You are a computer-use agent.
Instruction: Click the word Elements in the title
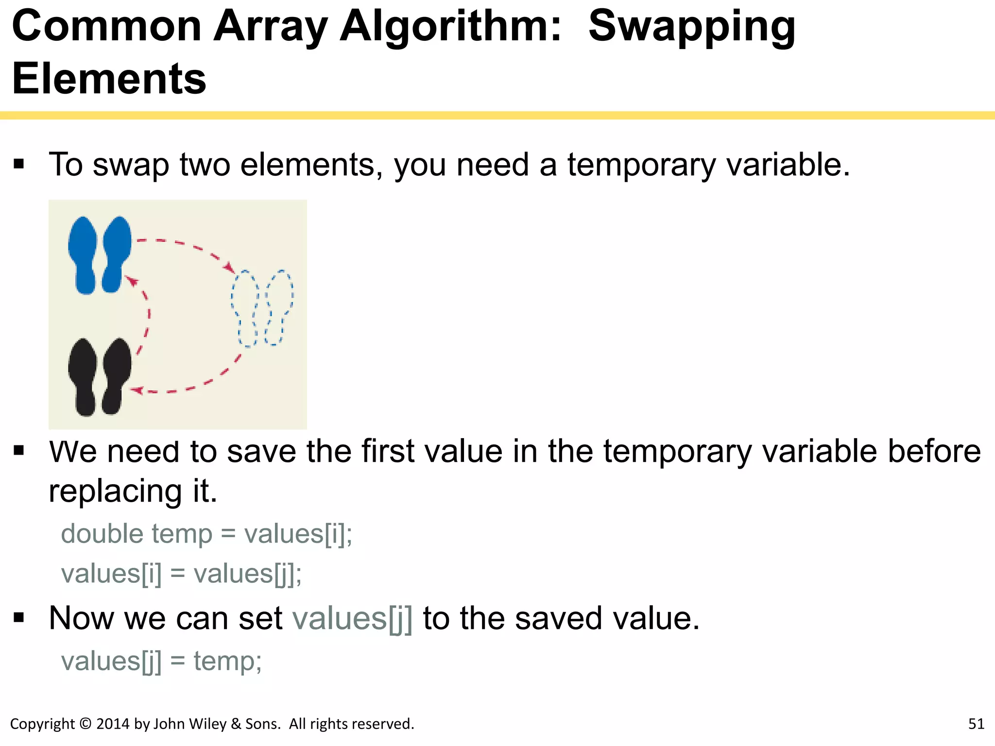(x=109, y=79)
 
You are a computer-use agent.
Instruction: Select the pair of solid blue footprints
(x=100, y=255)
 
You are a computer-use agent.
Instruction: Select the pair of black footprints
(x=100, y=377)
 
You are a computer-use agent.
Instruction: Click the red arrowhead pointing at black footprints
(x=137, y=390)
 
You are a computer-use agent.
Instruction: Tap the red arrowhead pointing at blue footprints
(x=131, y=280)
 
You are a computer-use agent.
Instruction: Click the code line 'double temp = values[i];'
(x=206, y=534)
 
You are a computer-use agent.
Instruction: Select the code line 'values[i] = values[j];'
(x=181, y=574)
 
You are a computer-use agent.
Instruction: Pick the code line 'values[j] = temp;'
(x=161, y=661)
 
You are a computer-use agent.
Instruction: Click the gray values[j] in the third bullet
(x=352, y=619)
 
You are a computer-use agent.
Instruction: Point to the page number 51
(x=976, y=724)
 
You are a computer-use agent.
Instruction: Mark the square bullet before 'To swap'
(x=19, y=164)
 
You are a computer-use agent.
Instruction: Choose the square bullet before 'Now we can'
(x=19, y=618)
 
